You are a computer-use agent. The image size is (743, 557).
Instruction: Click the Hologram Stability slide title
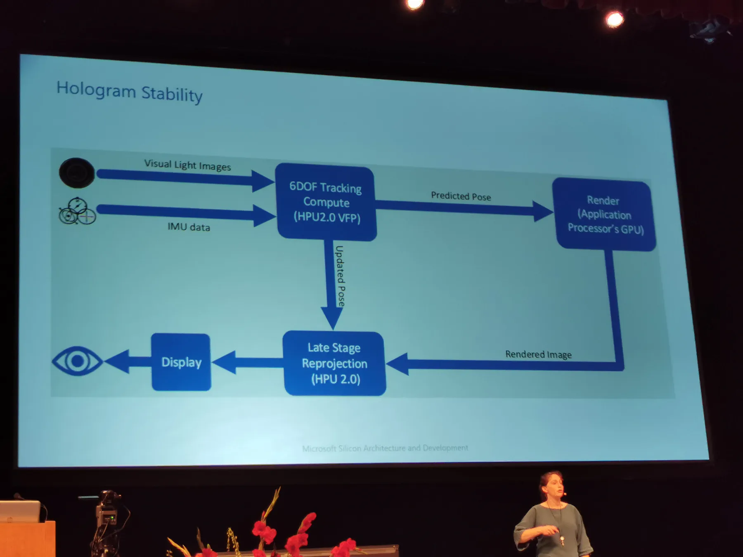(x=129, y=92)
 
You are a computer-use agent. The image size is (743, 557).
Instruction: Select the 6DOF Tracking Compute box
(x=326, y=202)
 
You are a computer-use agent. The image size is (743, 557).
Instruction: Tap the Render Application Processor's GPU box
(x=604, y=215)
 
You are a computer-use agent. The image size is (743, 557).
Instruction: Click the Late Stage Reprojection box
(x=334, y=363)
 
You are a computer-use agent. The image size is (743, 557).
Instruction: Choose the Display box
(x=181, y=362)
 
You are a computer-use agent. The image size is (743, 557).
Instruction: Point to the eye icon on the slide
(x=77, y=361)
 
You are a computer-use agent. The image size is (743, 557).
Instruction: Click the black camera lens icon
(x=77, y=173)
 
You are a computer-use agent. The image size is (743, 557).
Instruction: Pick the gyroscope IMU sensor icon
(x=77, y=211)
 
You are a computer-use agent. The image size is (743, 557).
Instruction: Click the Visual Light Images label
(x=187, y=165)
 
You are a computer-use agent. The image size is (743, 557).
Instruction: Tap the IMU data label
(x=189, y=227)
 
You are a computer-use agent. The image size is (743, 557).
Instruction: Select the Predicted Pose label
(x=461, y=196)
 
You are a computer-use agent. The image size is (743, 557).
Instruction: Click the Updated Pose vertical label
(x=340, y=276)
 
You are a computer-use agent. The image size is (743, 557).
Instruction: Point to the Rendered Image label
(x=538, y=354)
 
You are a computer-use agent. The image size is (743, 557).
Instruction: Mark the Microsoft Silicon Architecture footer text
(x=385, y=448)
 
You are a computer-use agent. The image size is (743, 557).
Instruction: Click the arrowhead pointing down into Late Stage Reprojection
(x=332, y=318)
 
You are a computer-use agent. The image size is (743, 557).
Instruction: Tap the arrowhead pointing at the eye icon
(x=117, y=361)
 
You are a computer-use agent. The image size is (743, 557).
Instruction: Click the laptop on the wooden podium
(x=21, y=511)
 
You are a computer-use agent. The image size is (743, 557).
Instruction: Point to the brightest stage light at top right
(x=614, y=19)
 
